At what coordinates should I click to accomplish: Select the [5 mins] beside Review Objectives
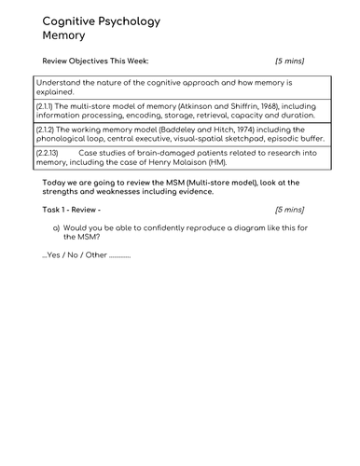coord(289,62)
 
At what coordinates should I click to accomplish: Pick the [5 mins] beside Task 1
coord(289,210)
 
